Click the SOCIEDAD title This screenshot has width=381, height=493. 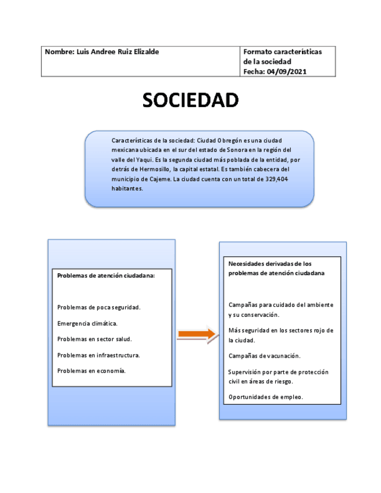(191, 100)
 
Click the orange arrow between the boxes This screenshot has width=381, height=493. (196, 334)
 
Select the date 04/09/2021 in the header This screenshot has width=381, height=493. (286, 72)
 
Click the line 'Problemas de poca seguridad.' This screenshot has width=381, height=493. (99, 307)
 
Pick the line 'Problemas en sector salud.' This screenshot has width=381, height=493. (95, 339)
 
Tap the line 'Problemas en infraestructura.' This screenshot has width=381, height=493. (99, 355)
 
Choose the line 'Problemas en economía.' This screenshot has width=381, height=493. (91, 370)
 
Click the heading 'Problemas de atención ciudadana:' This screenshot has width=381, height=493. (106, 276)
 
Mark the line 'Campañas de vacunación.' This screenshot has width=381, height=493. (264, 356)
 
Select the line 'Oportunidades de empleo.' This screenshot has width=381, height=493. (266, 398)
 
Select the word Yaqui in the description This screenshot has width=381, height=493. (136, 159)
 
